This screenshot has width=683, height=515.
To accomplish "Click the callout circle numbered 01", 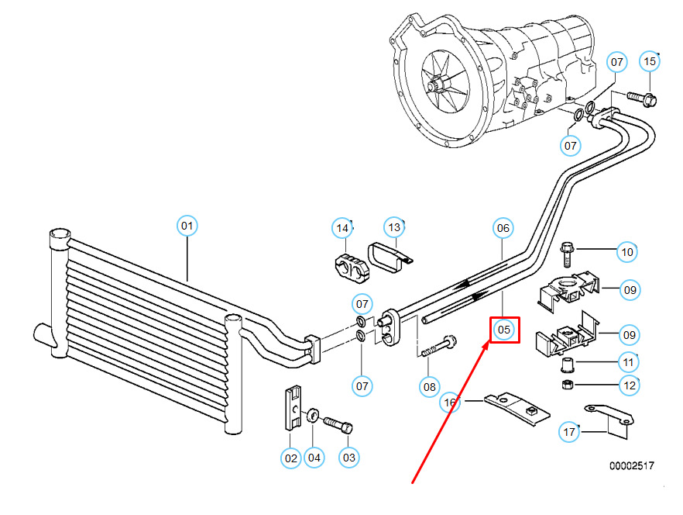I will (187, 226).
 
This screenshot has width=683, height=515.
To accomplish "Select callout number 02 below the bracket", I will (290, 458).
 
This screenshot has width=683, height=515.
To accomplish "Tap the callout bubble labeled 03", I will (349, 458).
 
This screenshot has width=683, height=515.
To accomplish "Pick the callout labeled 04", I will (314, 458).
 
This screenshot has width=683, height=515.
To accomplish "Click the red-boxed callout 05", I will (504, 330).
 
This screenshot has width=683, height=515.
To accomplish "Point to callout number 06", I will (503, 228).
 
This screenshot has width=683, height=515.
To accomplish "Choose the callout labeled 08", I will (429, 385).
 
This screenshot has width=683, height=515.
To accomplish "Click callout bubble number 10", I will (627, 251).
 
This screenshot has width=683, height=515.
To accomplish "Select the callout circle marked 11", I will (628, 361).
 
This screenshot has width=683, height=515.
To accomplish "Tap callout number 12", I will (628, 384).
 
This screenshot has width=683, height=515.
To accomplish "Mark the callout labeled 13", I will (395, 227).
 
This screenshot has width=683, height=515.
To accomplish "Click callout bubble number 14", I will (342, 227).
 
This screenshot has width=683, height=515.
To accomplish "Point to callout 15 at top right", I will (649, 60).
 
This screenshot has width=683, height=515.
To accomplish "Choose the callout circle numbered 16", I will (450, 403).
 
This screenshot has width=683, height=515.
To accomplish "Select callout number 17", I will (570, 432).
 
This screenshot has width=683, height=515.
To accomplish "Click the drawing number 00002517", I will (631, 466).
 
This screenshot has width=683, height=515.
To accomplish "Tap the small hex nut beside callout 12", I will (567, 384).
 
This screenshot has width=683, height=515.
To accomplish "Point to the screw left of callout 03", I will (335, 425).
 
